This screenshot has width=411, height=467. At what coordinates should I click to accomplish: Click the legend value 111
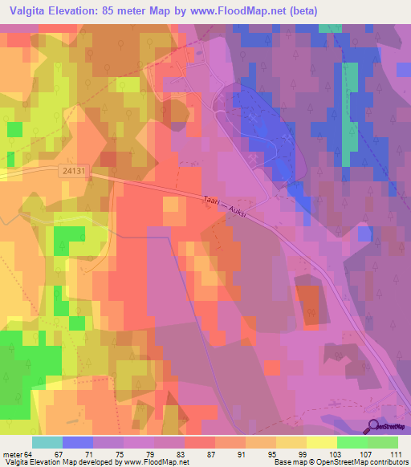point(396,454)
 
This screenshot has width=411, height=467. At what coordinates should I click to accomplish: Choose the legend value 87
point(200,454)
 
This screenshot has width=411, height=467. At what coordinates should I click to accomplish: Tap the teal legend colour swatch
point(47,442)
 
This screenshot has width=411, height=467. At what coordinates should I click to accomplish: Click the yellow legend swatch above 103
point(322,442)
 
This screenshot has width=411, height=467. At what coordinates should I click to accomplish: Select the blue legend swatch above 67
point(78,442)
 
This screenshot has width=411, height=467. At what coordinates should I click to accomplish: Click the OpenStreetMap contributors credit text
point(365,462)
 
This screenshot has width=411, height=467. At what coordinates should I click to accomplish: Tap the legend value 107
point(365,454)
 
